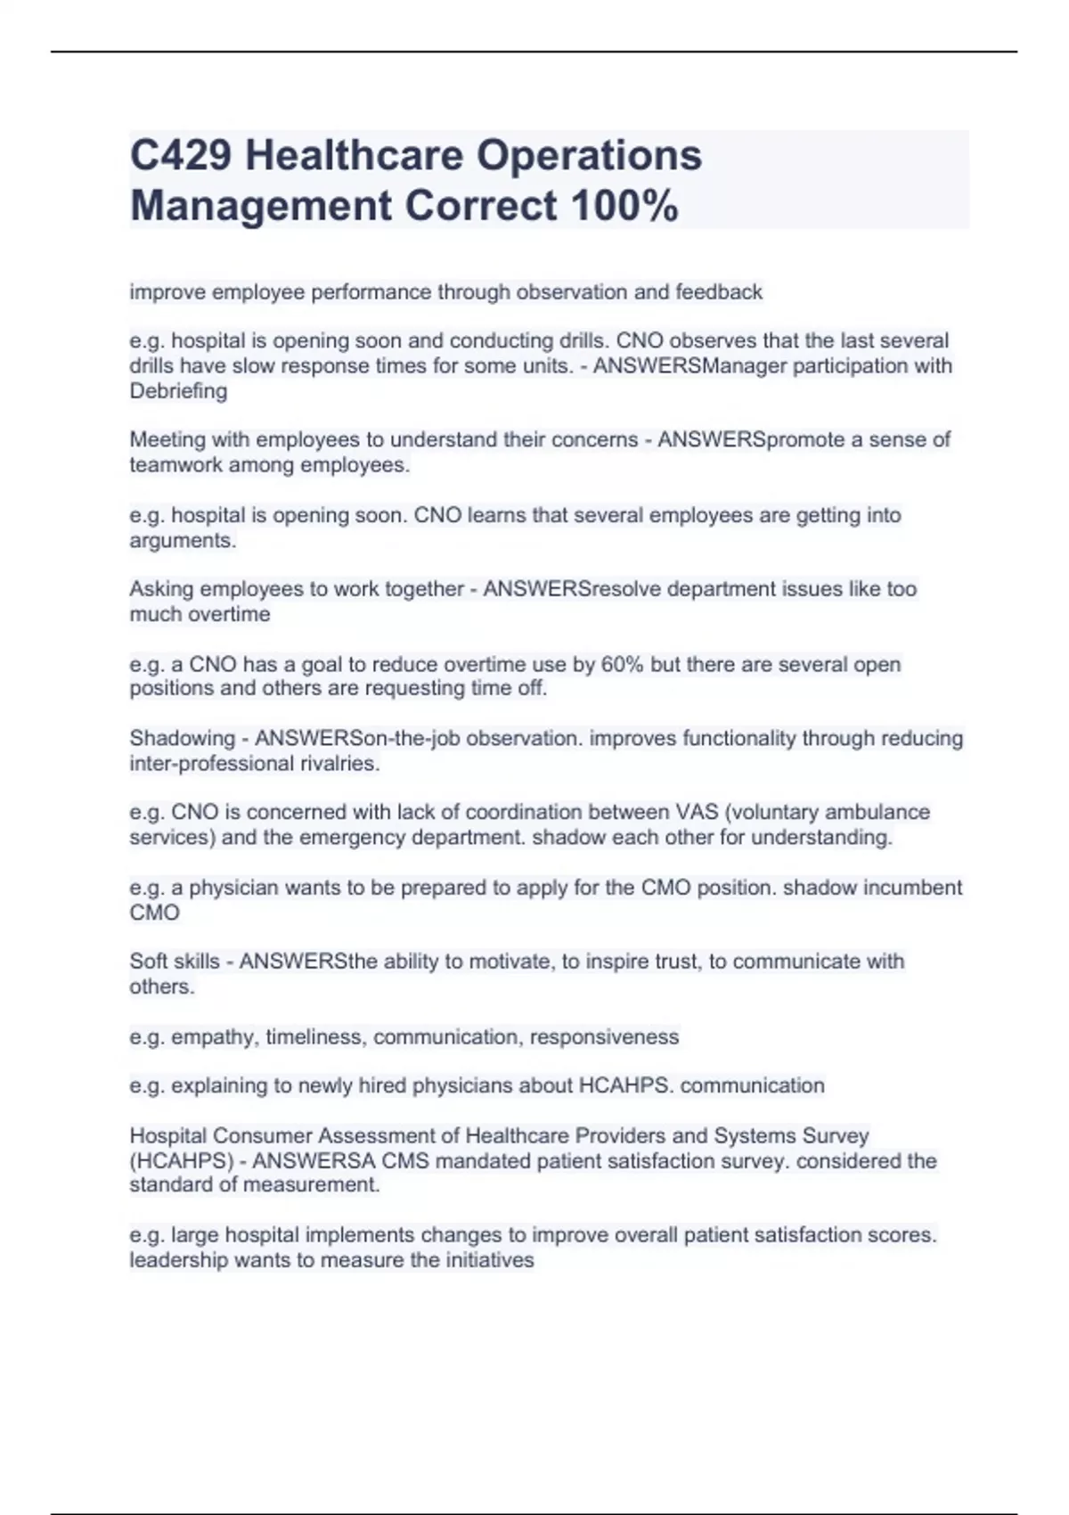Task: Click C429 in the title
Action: coord(180,155)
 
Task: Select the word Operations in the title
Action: coord(589,155)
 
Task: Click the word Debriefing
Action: coord(178,391)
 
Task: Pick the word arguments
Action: coord(183,541)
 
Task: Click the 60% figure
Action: coord(622,665)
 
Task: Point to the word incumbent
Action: coord(906,888)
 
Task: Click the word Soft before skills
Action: coord(150,962)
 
